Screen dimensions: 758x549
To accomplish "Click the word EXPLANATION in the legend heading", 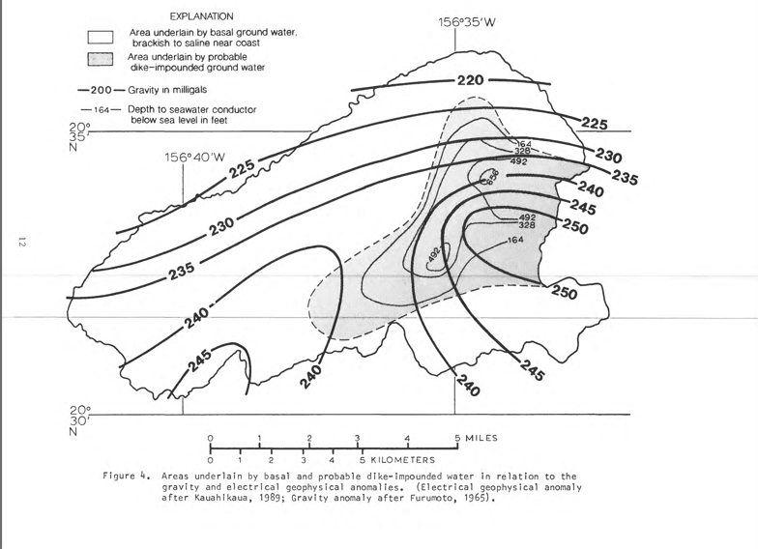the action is pyautogui.click(x=201, y=16).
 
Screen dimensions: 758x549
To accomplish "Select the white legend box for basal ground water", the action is pyautogui.click(x=101, y=37).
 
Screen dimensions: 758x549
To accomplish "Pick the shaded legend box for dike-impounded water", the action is pyautogui.click(x=101, y=60).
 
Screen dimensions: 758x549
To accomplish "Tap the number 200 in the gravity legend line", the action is pyautogui.click(x=101, y=90).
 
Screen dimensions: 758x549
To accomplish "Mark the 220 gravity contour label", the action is pyautogui.click(x=470, y=80).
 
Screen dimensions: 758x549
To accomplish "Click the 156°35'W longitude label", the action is pyautogui.click(x=466, y=22).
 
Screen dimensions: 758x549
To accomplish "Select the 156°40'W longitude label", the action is pyautogui.click(x=195, y=158).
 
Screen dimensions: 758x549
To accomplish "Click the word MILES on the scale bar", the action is pyautogui.click(x=481, y=439).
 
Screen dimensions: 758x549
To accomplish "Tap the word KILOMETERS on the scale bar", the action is pyautogui.click(x=402, y=460).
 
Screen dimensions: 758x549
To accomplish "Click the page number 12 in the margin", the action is pyautogui.click(x=21, y=242).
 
